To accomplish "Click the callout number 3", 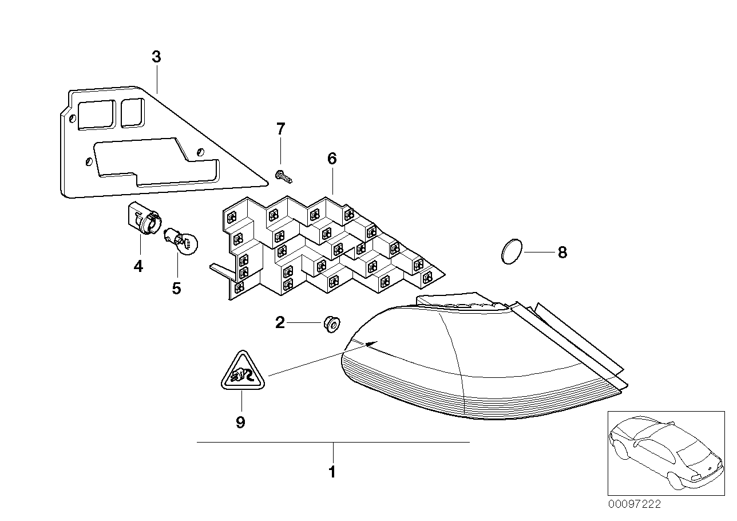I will pos(156,57).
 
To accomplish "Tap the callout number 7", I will pos(280,129).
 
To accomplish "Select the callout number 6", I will pos(332,159).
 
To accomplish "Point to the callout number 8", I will pos(562,252).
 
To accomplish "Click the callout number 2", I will pos(280,323).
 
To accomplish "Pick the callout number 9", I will pos(240,423).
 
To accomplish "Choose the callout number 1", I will pos(332,472).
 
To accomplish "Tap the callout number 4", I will pos(138,266).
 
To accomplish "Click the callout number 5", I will pos(176,288).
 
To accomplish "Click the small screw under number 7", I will pos(283,176).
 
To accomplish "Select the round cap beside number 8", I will pos(511,252).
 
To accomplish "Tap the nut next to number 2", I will pos(330,323).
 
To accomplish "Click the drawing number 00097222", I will pos(634,504).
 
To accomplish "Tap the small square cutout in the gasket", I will pos(132,112).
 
